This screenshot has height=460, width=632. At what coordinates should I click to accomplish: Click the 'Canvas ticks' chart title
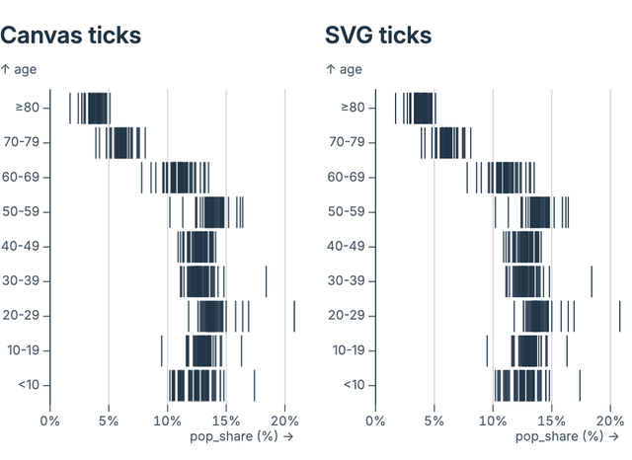click(x=70, y=37)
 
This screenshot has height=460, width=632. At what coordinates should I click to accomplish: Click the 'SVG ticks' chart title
click(x=378, y=37)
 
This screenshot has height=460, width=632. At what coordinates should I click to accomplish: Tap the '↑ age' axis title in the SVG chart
click(x=344, y=69)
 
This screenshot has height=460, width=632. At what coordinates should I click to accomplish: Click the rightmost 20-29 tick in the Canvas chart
click(x=294, y=316)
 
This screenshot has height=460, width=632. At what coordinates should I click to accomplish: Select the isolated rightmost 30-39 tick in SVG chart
click(x=592, y=281)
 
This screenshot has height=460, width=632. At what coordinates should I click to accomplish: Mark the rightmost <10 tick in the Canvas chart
click(x=254, y=385)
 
